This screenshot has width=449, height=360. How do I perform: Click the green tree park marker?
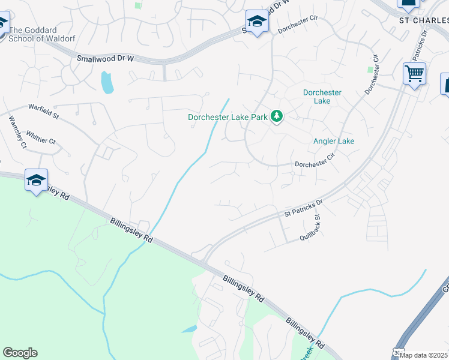coord(277,116)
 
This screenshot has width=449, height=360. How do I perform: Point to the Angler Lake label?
coord(334,141)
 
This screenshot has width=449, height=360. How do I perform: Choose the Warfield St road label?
coord(43,109)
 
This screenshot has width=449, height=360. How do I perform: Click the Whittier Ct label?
coord(41,140)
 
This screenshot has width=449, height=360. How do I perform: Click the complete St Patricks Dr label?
coord(303,206)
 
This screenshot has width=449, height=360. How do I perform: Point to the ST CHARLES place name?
coord(424,19)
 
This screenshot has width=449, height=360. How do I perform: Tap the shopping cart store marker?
coord(414,74)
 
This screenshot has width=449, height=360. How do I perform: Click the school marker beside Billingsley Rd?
coord(36,180)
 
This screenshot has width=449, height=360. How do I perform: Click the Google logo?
coord(20,353)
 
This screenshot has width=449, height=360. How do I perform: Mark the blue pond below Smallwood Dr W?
coord(107,82)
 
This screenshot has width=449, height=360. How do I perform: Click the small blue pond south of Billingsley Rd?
coord(188,329)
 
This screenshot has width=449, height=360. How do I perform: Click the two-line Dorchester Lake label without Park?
coord(322,97)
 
